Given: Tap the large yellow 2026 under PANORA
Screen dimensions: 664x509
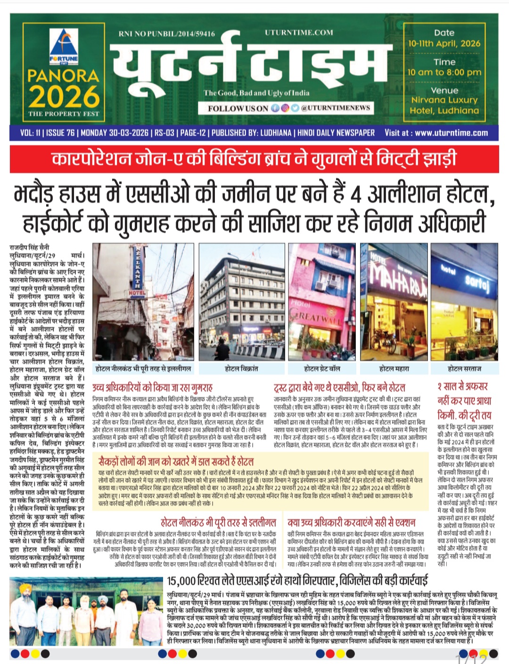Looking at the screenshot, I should pos(64,96).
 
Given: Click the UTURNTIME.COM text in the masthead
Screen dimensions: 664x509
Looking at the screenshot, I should pos(299,33).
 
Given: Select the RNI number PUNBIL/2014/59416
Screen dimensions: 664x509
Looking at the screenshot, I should pos(167,33).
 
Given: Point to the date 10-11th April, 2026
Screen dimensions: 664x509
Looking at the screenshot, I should pos(444,43).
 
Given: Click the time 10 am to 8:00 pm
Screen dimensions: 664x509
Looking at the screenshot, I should pos(444,73).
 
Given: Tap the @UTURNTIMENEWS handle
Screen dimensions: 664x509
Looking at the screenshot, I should pos(336,108).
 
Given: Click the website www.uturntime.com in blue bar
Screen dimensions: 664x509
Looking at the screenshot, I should pos(451,133).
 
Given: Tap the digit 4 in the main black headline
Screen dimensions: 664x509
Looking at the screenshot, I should pos(356,194).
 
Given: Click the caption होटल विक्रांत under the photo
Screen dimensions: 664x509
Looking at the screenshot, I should pos(241,368).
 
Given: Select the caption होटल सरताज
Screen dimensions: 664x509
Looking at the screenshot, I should pos(464,368).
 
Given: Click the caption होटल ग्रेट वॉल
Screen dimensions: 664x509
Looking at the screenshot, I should pos(322,368).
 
